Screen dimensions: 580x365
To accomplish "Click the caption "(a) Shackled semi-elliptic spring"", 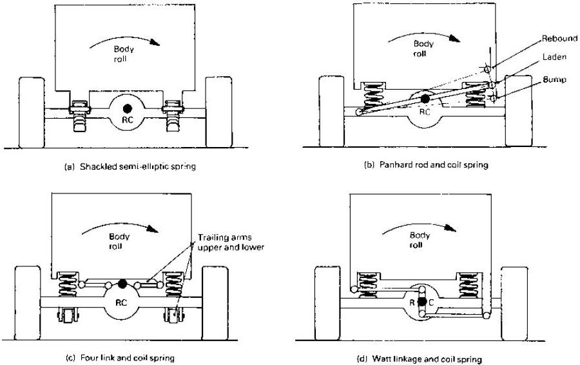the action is point(130,166).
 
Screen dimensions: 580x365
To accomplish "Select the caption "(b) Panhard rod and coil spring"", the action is point(426,164).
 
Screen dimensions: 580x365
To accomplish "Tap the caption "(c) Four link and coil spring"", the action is point(119,358).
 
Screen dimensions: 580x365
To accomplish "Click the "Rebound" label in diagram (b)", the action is point(559,39).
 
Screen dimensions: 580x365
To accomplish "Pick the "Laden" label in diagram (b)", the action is point(554,57).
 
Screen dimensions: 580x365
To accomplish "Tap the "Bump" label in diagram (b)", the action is point(554,79).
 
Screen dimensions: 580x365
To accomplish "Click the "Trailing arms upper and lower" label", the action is point(231,242).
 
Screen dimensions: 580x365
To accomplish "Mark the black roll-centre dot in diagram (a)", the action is point(127,108).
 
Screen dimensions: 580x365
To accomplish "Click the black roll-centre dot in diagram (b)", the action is point(425,99).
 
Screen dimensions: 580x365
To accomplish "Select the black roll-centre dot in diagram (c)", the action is point(122,284).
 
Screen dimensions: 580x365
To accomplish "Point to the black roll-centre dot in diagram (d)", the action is point(422,302).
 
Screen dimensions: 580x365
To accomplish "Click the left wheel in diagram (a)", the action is point(32,113).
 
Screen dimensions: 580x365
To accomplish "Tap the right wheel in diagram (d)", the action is point(514,303).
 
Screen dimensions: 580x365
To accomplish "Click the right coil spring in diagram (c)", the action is point(173,284).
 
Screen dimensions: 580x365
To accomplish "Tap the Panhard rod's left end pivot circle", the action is point(358,112).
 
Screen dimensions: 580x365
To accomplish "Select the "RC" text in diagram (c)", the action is point(121,303).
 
